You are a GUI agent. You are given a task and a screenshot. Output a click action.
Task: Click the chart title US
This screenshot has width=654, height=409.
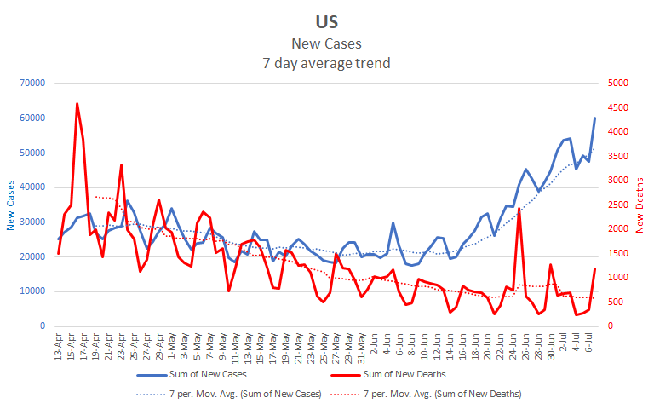326,21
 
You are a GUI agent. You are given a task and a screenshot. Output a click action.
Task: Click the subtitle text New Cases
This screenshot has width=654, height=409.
326,43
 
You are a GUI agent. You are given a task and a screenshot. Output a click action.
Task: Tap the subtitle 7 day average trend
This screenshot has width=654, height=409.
326,62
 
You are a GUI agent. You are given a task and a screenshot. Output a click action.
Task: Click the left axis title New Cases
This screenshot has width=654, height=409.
11,205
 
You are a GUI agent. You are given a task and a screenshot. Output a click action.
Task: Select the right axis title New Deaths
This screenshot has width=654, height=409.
640,205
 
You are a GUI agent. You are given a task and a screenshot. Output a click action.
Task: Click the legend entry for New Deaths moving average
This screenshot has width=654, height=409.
441,394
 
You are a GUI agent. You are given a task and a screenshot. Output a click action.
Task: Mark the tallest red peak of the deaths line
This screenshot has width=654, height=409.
77,104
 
